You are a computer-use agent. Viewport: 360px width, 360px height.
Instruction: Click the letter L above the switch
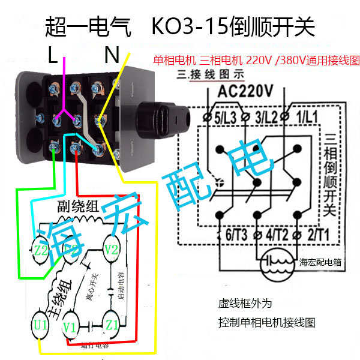tap(53, 56)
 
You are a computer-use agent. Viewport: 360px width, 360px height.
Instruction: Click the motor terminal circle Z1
tap(112, 325)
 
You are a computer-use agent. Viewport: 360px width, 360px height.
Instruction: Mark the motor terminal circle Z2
tap(41, 250)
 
